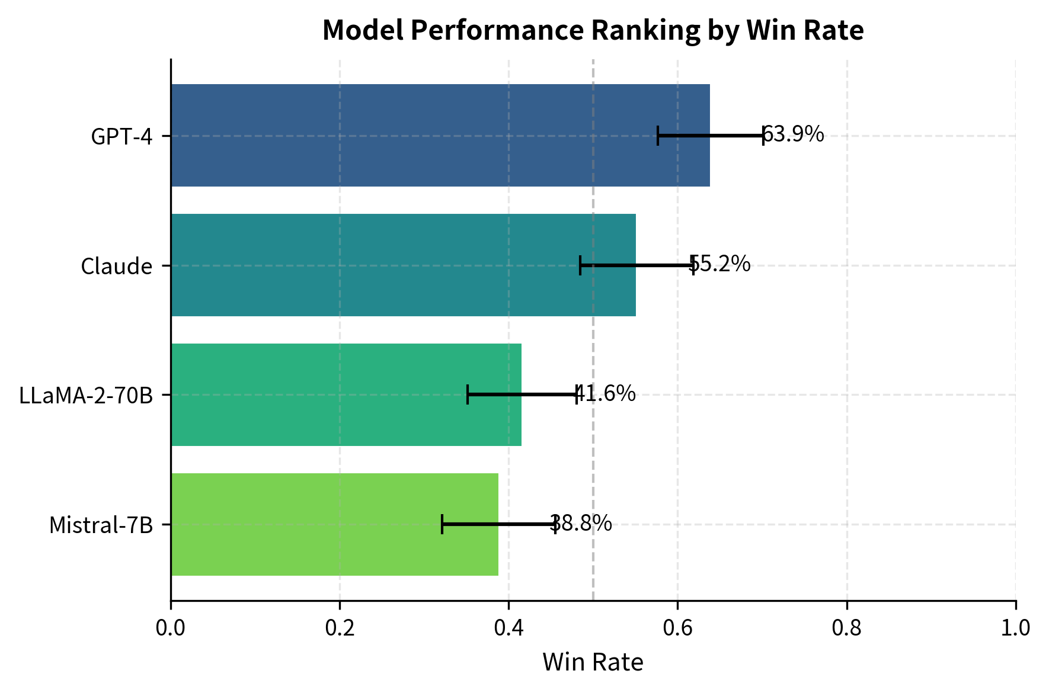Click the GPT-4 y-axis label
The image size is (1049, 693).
(121, 137)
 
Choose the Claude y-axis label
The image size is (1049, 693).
(117, 267)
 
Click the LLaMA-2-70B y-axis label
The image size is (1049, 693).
(86, 396)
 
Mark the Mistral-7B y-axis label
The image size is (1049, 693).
(101, 525)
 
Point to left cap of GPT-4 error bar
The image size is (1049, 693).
(658, 136)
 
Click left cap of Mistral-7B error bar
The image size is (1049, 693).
(442, 524)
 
